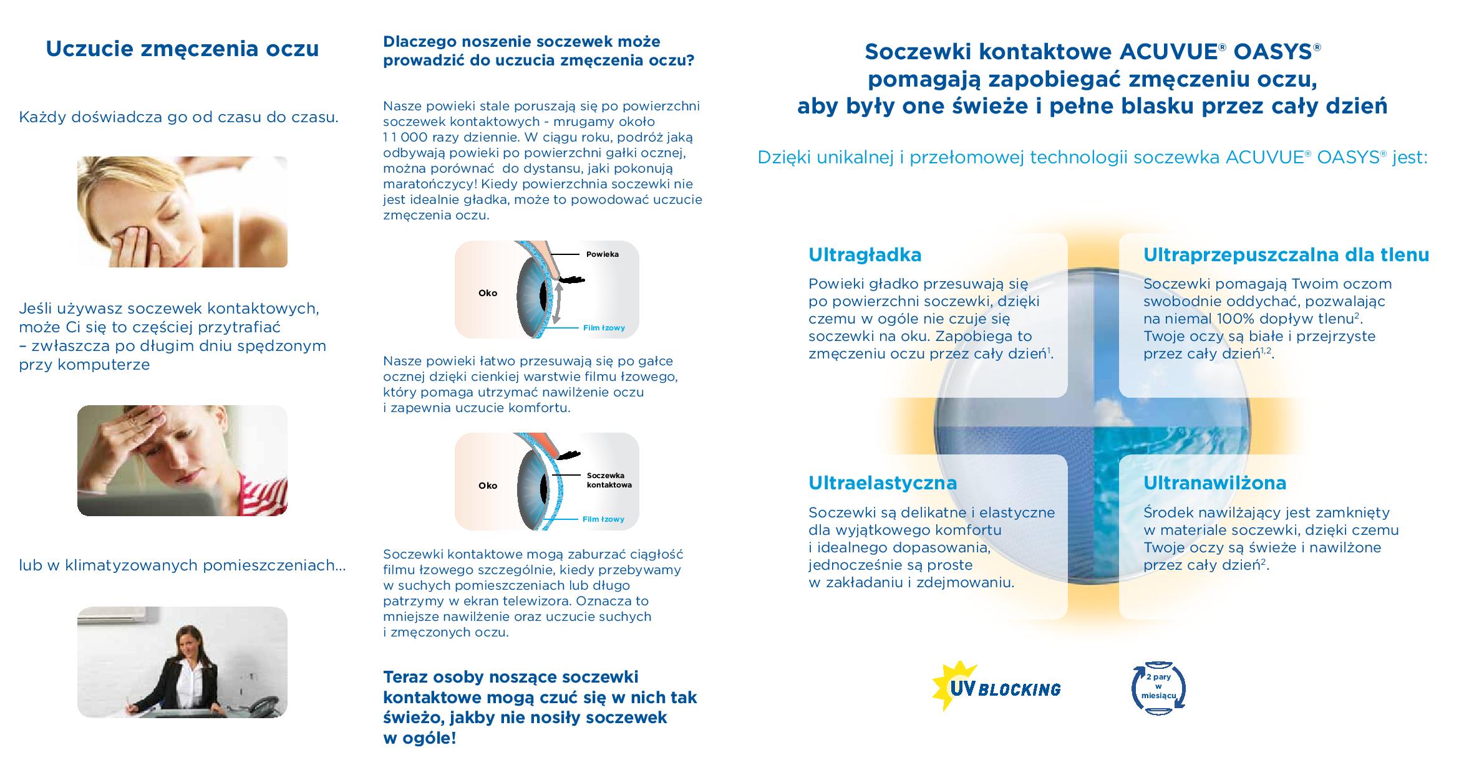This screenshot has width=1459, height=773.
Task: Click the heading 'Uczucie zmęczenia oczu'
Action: tap(182, 49)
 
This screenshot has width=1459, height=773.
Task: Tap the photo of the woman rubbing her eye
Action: tap(182, 211)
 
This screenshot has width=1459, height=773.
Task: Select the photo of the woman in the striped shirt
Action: tap(182, 461)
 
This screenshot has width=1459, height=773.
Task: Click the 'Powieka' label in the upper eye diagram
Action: tap(602, 254)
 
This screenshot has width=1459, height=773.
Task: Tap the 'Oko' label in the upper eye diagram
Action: tap(488, 293)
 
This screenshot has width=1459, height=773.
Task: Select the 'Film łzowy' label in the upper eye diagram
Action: tap(603, 328)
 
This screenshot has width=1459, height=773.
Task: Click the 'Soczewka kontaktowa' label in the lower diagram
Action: tap(609, 480)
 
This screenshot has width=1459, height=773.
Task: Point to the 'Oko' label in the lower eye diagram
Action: tap(488, 486)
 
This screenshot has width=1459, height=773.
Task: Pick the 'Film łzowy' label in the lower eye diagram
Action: tap(603, 519)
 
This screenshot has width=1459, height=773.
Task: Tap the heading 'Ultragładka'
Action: tap(865, 255)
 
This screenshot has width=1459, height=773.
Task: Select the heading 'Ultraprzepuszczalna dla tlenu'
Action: tap(1286, 255)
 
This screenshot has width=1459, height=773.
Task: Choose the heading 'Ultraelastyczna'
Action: tap(882, 483)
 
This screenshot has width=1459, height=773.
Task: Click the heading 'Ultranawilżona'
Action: tap(1214, 483)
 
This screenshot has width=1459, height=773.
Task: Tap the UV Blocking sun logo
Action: tap(995, 688)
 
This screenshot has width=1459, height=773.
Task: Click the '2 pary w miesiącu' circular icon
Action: tap(1158, 689)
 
